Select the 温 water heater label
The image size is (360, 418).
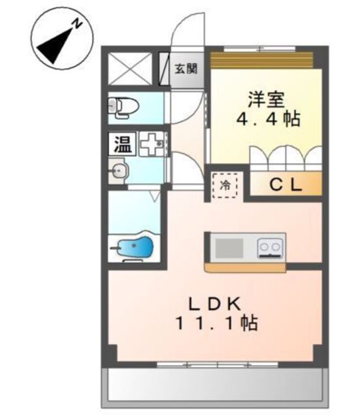tap(121, 143)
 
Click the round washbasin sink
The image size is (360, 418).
tap(121, 172)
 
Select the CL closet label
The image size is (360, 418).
tap(286, 185)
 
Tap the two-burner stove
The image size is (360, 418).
tap(269, 248)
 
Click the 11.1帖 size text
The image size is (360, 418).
tap(216, 323)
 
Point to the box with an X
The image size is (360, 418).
tap(128, 67)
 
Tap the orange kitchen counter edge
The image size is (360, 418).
tap(246, 267)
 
